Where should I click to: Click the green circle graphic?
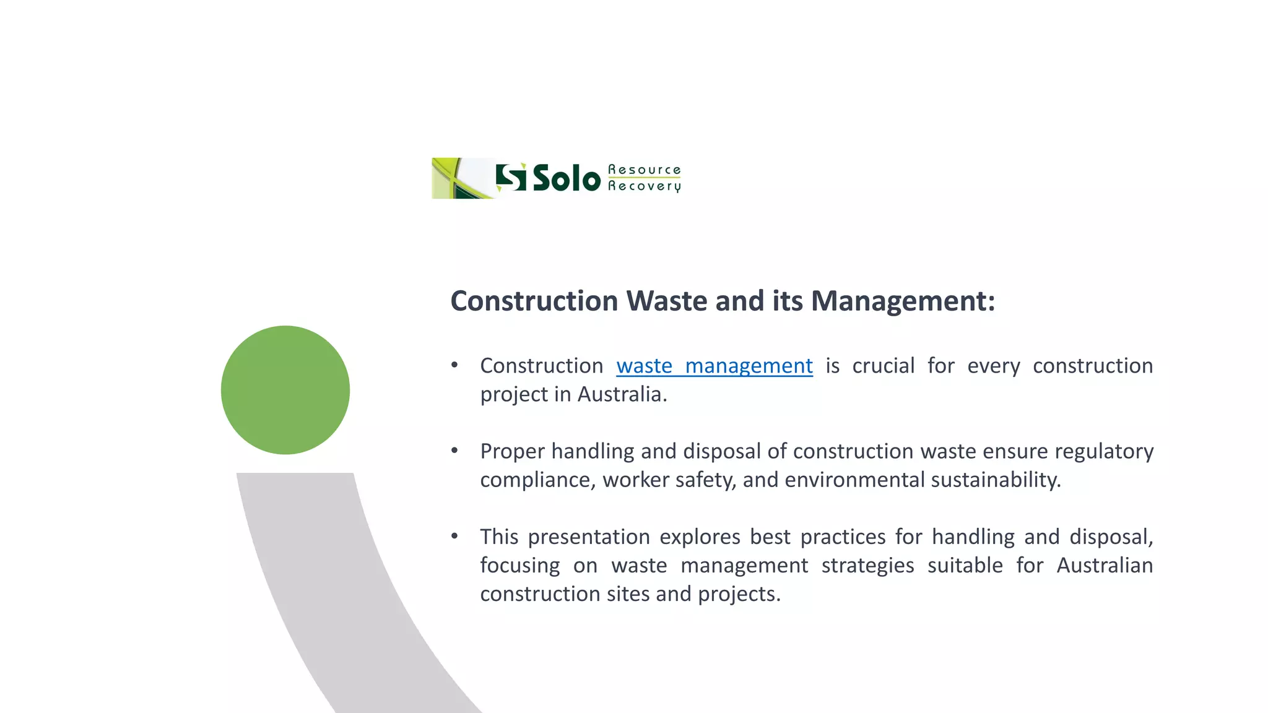(285, 390)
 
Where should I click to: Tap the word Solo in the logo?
(567, 179)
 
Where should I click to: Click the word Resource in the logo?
(644, 170)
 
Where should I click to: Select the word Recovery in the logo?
(644, 186)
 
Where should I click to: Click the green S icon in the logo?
(511, 178)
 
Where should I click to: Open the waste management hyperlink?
(714, 366)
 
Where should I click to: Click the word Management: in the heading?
(903, 301)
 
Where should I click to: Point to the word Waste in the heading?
(666, 301)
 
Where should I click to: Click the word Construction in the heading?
(534, 301)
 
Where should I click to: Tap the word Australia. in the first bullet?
(622, 394)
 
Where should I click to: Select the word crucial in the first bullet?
(883, 366)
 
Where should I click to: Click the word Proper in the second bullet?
(512, 451)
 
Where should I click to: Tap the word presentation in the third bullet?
(588, 537)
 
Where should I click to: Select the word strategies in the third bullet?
(867, 565)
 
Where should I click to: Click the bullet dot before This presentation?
(454, 536)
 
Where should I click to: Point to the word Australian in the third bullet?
(1104, 565)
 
